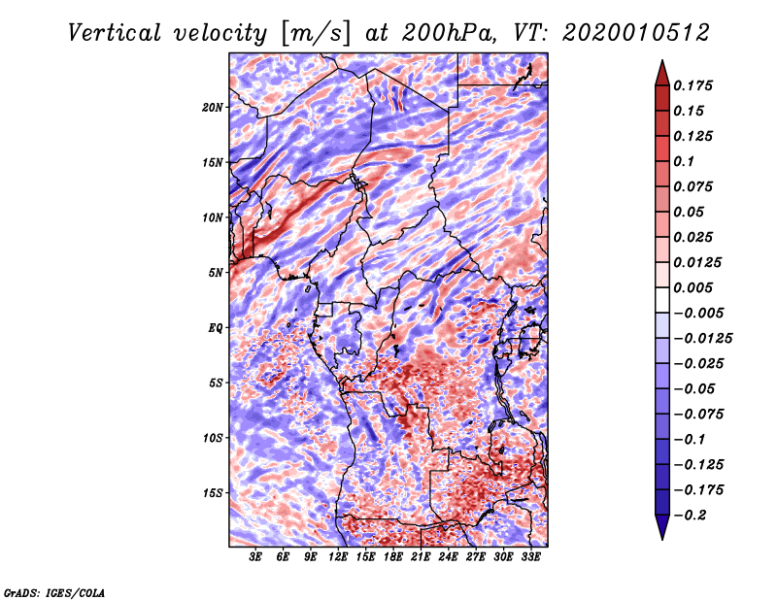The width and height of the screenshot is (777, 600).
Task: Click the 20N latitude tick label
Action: [x=213, y=107]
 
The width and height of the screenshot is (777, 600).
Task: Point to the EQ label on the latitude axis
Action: [x=216, y=328]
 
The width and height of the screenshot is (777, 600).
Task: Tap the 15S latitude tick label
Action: [x=213, y=493]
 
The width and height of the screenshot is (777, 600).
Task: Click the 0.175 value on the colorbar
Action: [x=695, y=86]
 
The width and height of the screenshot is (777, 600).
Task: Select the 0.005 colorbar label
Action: [x=695, y=288]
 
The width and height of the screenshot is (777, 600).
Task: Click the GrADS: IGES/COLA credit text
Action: [x=54, y=591]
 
